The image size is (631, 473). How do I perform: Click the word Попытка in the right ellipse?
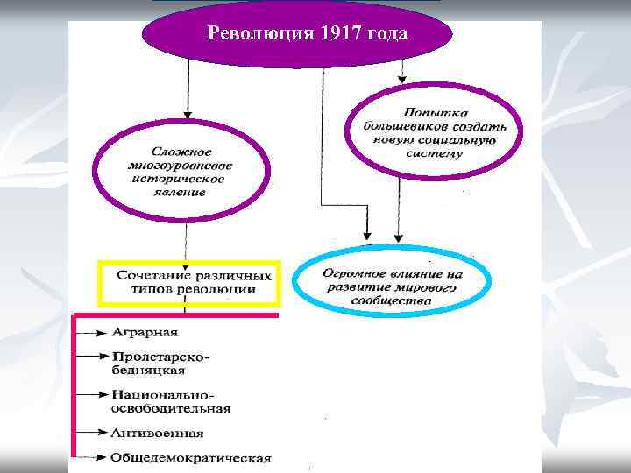pos(435,112)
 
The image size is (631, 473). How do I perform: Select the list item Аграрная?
pos(144,333)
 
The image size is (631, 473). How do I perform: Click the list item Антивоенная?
pos(157,433)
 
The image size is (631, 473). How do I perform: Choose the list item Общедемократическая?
pos(190,458)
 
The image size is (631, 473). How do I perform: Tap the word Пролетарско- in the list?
pos(160,357)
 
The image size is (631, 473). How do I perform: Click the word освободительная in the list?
pos(170,408)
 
